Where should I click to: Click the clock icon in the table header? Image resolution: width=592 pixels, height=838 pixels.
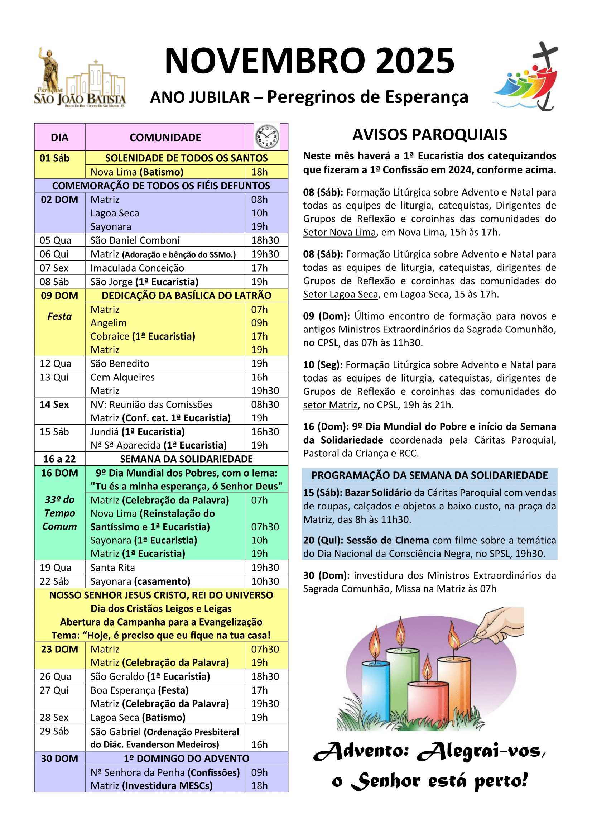[x=267, y=137]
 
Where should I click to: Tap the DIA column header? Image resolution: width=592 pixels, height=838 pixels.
[x=59, y=138]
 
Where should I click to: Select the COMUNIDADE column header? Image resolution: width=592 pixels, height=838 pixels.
[x=165, y=138]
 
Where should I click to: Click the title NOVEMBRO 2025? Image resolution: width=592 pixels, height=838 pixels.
[x=309, y=61]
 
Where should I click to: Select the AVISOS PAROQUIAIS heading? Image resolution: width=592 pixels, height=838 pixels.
[x=429, y=135]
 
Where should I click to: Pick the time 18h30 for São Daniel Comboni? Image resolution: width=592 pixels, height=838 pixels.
[x=265, y=240]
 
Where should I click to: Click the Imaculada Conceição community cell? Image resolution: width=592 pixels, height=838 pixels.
[x=137, y=268]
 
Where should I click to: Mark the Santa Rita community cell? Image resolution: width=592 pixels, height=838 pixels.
[x=113, y=568]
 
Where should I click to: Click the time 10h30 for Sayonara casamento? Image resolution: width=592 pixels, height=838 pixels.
[x=265, y=581]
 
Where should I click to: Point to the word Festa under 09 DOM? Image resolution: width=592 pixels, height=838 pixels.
[x=59, y=316]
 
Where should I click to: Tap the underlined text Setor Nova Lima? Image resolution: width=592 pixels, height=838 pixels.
[x=339, y=233]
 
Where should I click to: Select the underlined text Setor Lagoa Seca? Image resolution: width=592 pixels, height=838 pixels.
[x=340, y=295]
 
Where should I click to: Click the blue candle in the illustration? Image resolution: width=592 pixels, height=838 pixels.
[x=375, y=681]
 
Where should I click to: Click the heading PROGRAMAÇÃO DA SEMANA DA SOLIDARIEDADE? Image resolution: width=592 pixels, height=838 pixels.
[x=429, y=475]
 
